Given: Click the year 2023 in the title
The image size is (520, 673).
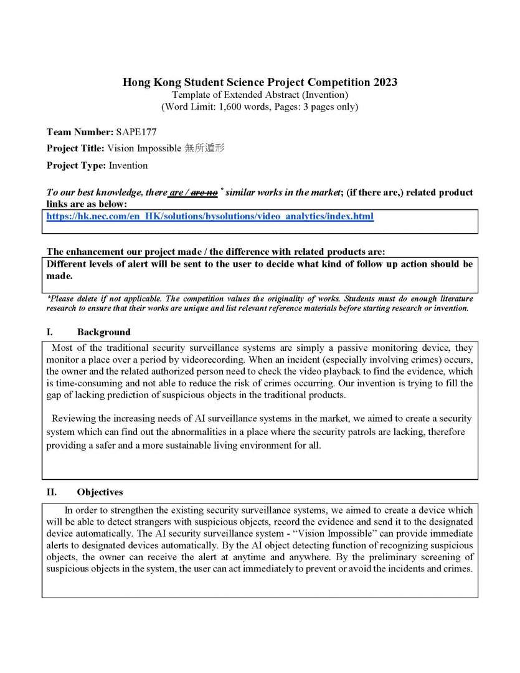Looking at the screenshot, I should point(385,82).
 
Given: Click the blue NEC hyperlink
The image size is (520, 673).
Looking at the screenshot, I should point(210,217).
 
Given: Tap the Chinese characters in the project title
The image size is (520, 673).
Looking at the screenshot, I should point(204,148).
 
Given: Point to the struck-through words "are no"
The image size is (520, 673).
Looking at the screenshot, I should point(204,193).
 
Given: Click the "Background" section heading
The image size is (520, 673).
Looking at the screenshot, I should point(103,332).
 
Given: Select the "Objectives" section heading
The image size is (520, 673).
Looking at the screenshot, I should point(100,492).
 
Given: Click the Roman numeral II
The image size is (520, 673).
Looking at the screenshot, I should point(52,492).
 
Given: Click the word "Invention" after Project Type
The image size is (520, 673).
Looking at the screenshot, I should point(128,165).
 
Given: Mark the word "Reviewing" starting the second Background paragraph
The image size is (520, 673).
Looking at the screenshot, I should point(73,418).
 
